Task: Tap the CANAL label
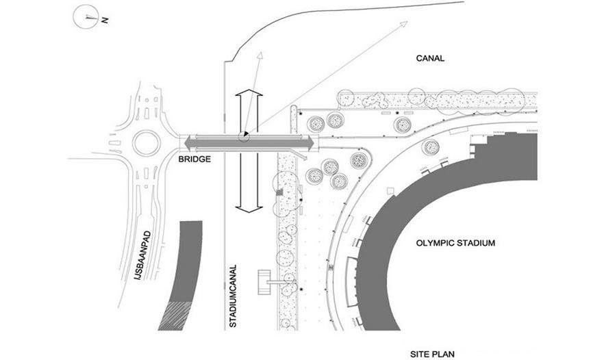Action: point(430,58)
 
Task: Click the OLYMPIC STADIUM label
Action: point(455,243)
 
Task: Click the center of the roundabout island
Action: point(146,143)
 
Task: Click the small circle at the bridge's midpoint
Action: point(243,138)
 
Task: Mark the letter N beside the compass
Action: point(105,21)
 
